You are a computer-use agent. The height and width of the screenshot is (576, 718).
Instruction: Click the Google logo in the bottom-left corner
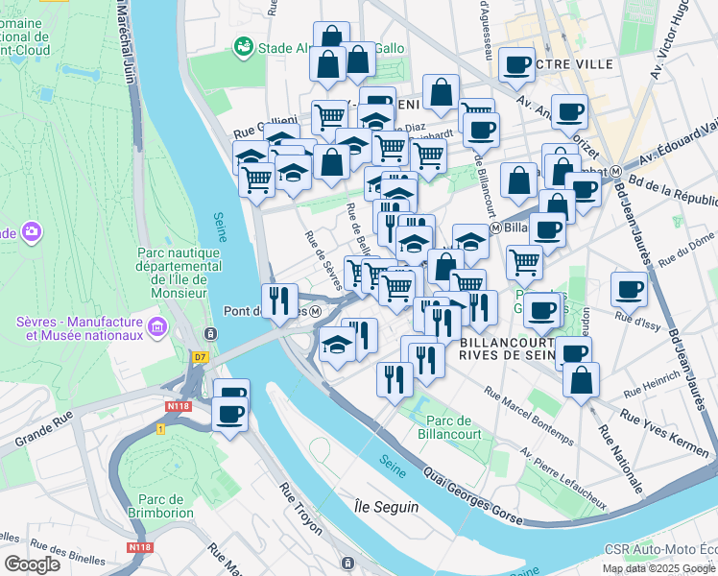point(32,564)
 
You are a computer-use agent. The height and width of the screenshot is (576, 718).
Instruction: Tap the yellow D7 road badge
point(200,357)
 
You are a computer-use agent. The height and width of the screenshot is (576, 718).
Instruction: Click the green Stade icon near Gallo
point(243,47)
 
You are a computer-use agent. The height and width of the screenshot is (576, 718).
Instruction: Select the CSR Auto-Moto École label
point(660,550)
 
